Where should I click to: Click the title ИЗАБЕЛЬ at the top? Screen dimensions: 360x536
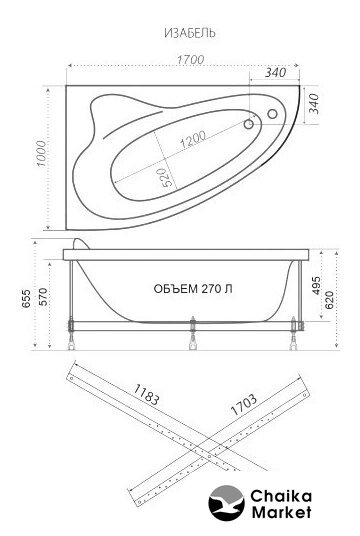click(x=190, y=33)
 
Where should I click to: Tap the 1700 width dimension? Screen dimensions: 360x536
click(x=190, y=59)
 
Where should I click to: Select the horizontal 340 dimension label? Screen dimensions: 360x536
click(x=276, y=72)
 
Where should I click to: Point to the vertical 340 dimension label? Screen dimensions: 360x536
click(x=314, y=104)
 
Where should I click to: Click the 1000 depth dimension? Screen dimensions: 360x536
click(x=41, y=153)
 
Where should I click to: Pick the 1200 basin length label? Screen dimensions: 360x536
click(x=193, y=139)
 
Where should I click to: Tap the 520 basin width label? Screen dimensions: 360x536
click(x=165, y=177)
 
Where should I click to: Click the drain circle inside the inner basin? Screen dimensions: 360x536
click(x=249, y=124)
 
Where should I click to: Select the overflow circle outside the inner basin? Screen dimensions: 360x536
click(x=272, y=114)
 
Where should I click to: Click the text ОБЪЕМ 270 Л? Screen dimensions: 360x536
click(x=193, y=289)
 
